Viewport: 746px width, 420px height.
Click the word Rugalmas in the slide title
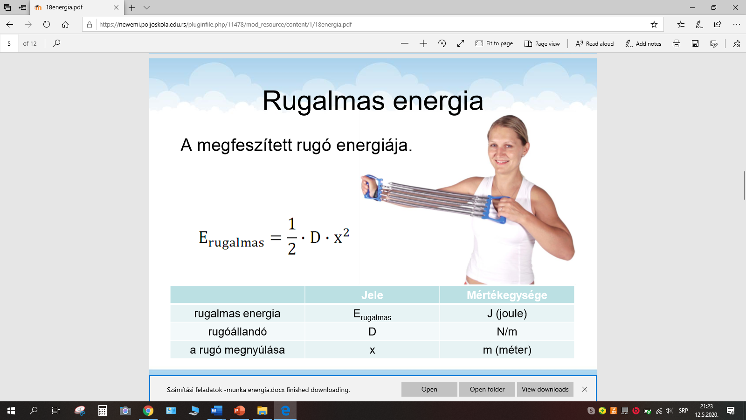pos(324,101)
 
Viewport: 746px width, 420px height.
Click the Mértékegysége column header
pos(507,295)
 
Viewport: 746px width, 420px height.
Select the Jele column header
pos(372,295)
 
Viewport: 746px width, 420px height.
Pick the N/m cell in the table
pos(507,332)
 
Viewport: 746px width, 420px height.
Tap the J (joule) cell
pos(507,313)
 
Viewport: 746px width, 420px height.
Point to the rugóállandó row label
pos(237,332)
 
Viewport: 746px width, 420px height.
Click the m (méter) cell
pos(507,350)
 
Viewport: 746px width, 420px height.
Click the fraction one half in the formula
pos(292,236)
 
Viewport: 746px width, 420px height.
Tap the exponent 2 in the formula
pos(346,232)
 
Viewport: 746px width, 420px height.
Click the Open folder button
pos(487,389)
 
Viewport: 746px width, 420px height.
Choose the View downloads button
pos(545,389)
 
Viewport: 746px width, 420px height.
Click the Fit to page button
pos(494,43)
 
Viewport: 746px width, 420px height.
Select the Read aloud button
pos(594,43)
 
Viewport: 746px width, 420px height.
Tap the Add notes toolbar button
pos(643,43)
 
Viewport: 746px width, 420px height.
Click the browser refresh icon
pos(47,24)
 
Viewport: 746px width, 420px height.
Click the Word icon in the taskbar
pos(216,411)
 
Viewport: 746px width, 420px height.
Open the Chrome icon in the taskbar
pos(148,411)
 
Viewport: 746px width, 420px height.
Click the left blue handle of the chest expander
pos(373,187)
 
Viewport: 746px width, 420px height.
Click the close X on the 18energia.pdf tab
pos(116,7)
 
